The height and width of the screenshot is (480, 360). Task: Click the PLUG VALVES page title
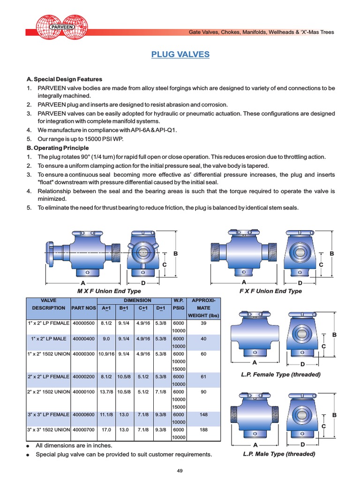click(180, 55)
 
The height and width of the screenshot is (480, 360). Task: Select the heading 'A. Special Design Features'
click(64, 79)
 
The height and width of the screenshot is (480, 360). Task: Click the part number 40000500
click(83, 323)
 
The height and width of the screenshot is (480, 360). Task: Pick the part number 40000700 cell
click(83, 429)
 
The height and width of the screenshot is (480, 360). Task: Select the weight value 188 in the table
click(203, 429)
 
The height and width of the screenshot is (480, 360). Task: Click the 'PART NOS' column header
click(83, 308)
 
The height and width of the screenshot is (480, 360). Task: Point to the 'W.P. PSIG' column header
click(178, 304)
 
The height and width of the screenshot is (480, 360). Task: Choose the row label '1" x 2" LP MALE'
click(48, 339)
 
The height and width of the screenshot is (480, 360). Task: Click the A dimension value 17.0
click(106, 429)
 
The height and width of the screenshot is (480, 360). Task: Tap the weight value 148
click(203, 414)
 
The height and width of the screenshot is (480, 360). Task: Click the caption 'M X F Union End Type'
click(109, 291)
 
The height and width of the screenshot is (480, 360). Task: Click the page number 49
click(180, 471)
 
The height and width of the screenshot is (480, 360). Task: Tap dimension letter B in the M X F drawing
click(176, 254)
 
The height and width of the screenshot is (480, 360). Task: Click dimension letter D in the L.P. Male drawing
click(302, 444)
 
